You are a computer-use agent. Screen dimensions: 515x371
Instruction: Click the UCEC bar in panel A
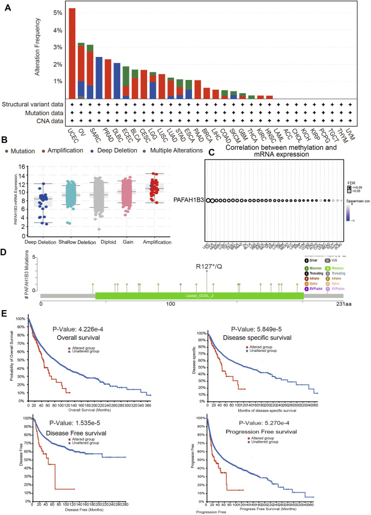pyautogui.click(x=72, y=52)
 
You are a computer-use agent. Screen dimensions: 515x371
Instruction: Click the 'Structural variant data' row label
pyautogui.click(x=33, y=104)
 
